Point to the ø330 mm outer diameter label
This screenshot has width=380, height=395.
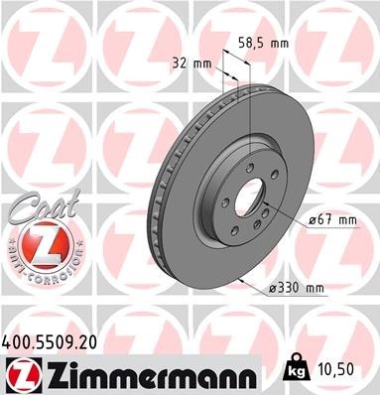pos(299,288)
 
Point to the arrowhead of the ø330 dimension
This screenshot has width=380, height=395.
pos(242,278)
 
